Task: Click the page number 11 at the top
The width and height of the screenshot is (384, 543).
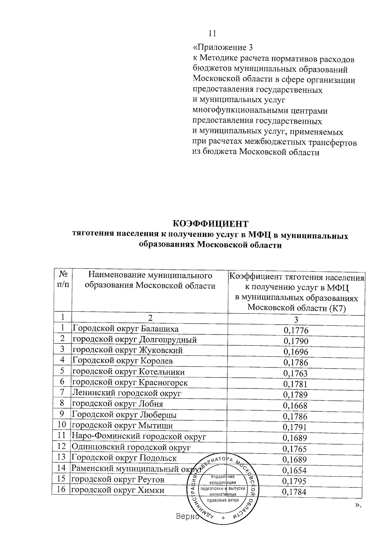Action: (212, 33)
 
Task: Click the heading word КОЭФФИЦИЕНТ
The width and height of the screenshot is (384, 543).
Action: (211, 223)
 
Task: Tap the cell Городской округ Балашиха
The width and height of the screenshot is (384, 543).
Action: (125, 329)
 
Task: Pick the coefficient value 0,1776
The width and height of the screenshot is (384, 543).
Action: (296, 330)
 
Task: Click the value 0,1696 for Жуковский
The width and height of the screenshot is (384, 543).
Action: (296, 352)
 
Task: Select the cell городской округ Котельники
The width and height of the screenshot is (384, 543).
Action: (128, 372)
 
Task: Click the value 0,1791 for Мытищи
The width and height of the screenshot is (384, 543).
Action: (295, 427)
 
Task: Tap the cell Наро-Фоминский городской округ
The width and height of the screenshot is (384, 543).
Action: (139, 436)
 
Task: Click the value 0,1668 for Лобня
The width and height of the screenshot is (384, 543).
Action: (295, 405)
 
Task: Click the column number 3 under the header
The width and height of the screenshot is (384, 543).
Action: (296, 319)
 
